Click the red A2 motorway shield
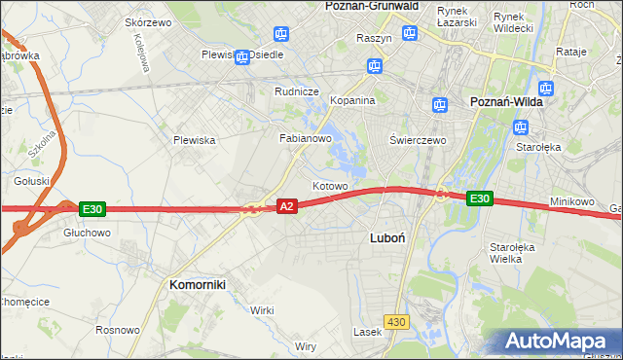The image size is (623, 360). [286, 206]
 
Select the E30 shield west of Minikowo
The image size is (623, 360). [478, 198]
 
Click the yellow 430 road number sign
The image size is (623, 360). [395, 321]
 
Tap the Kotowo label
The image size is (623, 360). [330, 185]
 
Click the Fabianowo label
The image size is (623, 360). [307, 138]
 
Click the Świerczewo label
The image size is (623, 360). [418, 139]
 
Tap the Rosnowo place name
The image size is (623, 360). [117, 330]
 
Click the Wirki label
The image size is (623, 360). [262, 309]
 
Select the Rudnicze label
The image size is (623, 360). [297, 91]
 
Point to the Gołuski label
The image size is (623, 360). [31, 180]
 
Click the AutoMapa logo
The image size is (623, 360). [561, 342]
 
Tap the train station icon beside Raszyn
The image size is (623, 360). [411, 32]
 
